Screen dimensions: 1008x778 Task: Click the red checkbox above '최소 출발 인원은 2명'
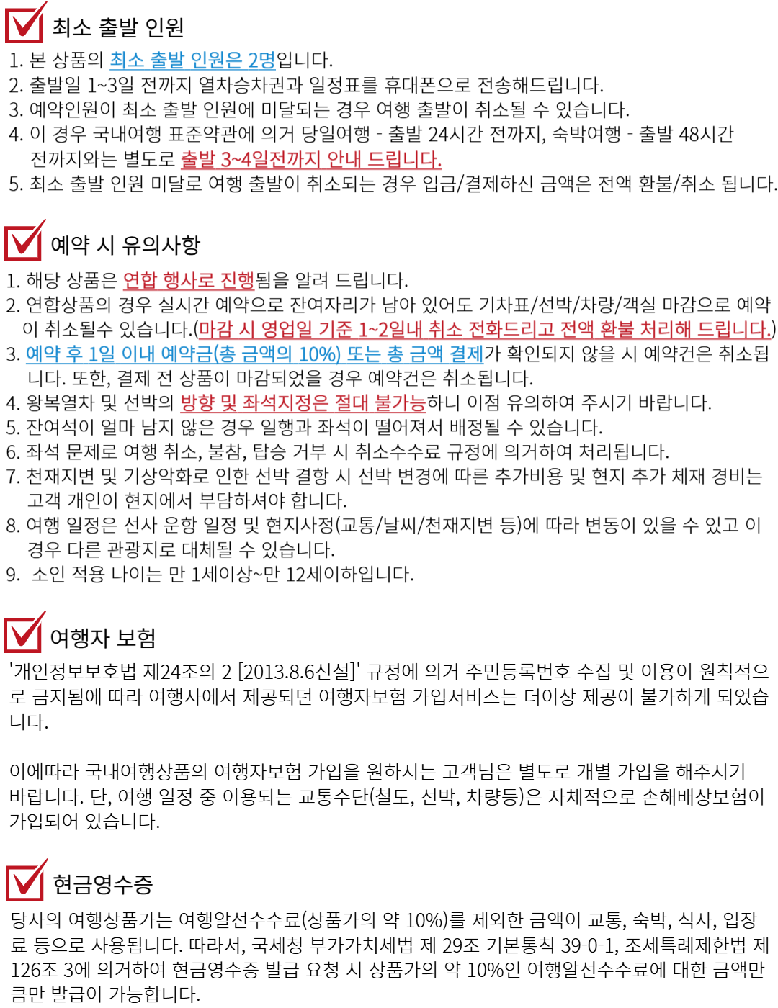(24, 24)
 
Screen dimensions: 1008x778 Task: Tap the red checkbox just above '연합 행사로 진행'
(24, 241)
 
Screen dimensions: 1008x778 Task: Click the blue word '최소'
(127, 60)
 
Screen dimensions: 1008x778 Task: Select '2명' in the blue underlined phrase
(261, 60)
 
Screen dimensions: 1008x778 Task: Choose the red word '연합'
(139, 280)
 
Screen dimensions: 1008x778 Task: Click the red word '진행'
(238, 280)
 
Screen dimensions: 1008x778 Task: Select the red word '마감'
(215, 330)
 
